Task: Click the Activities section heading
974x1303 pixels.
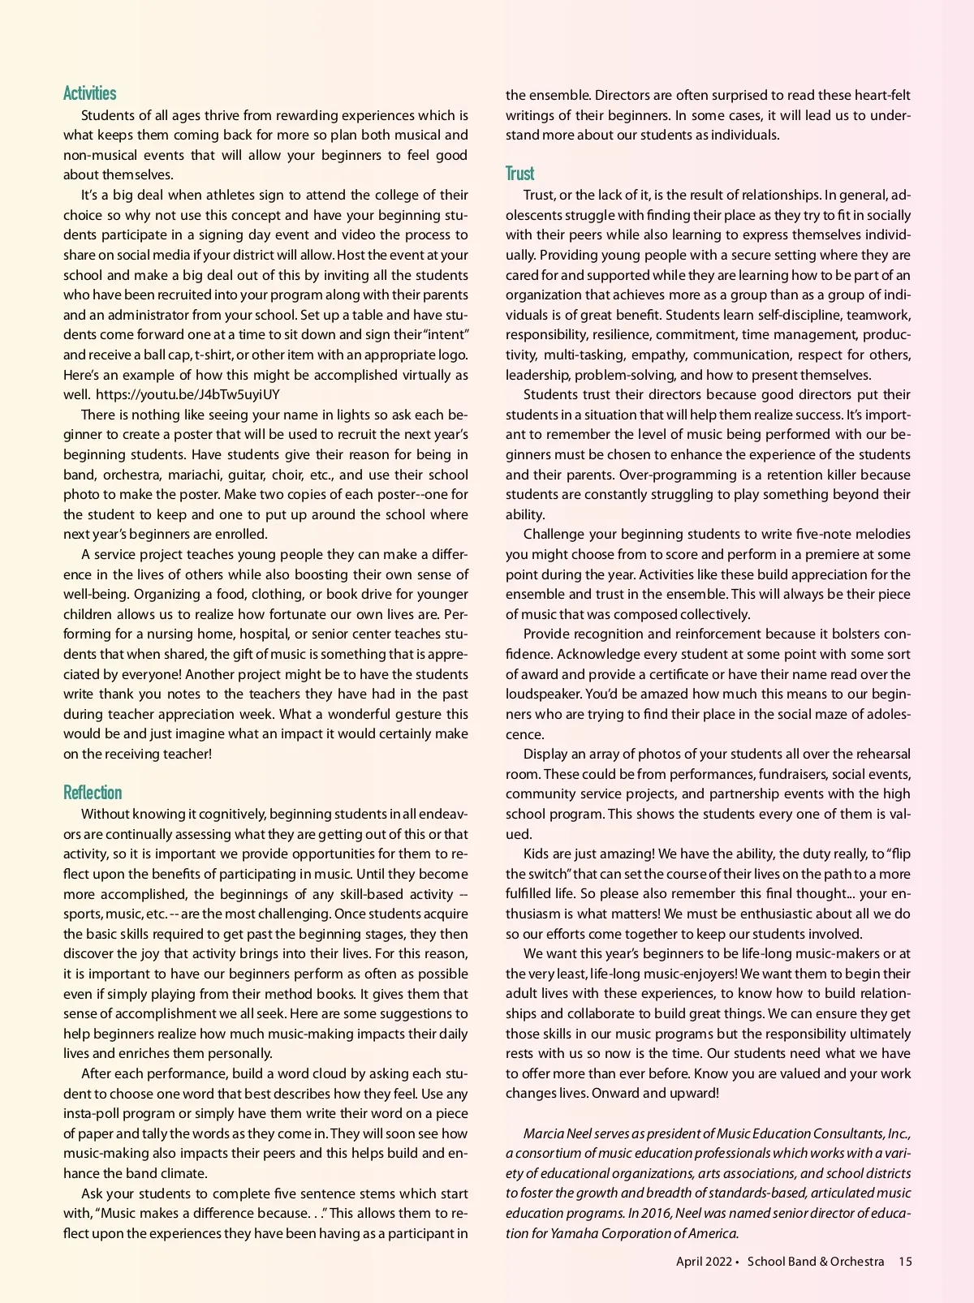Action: click(x=90, y=93)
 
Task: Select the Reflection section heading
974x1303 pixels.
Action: click(x=93, y=793)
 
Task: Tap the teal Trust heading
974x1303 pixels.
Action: click(x=520, y=174)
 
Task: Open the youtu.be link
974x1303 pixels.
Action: click(x=187, y=395)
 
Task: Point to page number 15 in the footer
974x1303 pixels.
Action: click(x=905, y=1262)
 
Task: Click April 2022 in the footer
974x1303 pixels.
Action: click(x=704, y=1262)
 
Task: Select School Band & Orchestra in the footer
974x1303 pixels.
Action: click(x=816, y=1262)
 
